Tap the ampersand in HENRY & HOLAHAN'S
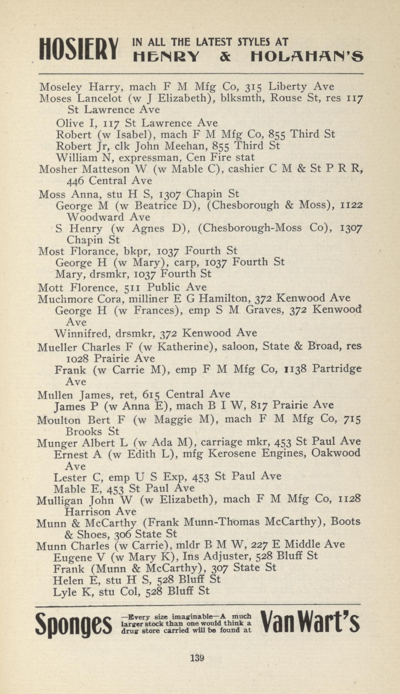226,57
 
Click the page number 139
197,658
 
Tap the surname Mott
52,288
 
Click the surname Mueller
58,347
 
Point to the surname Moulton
59,420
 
